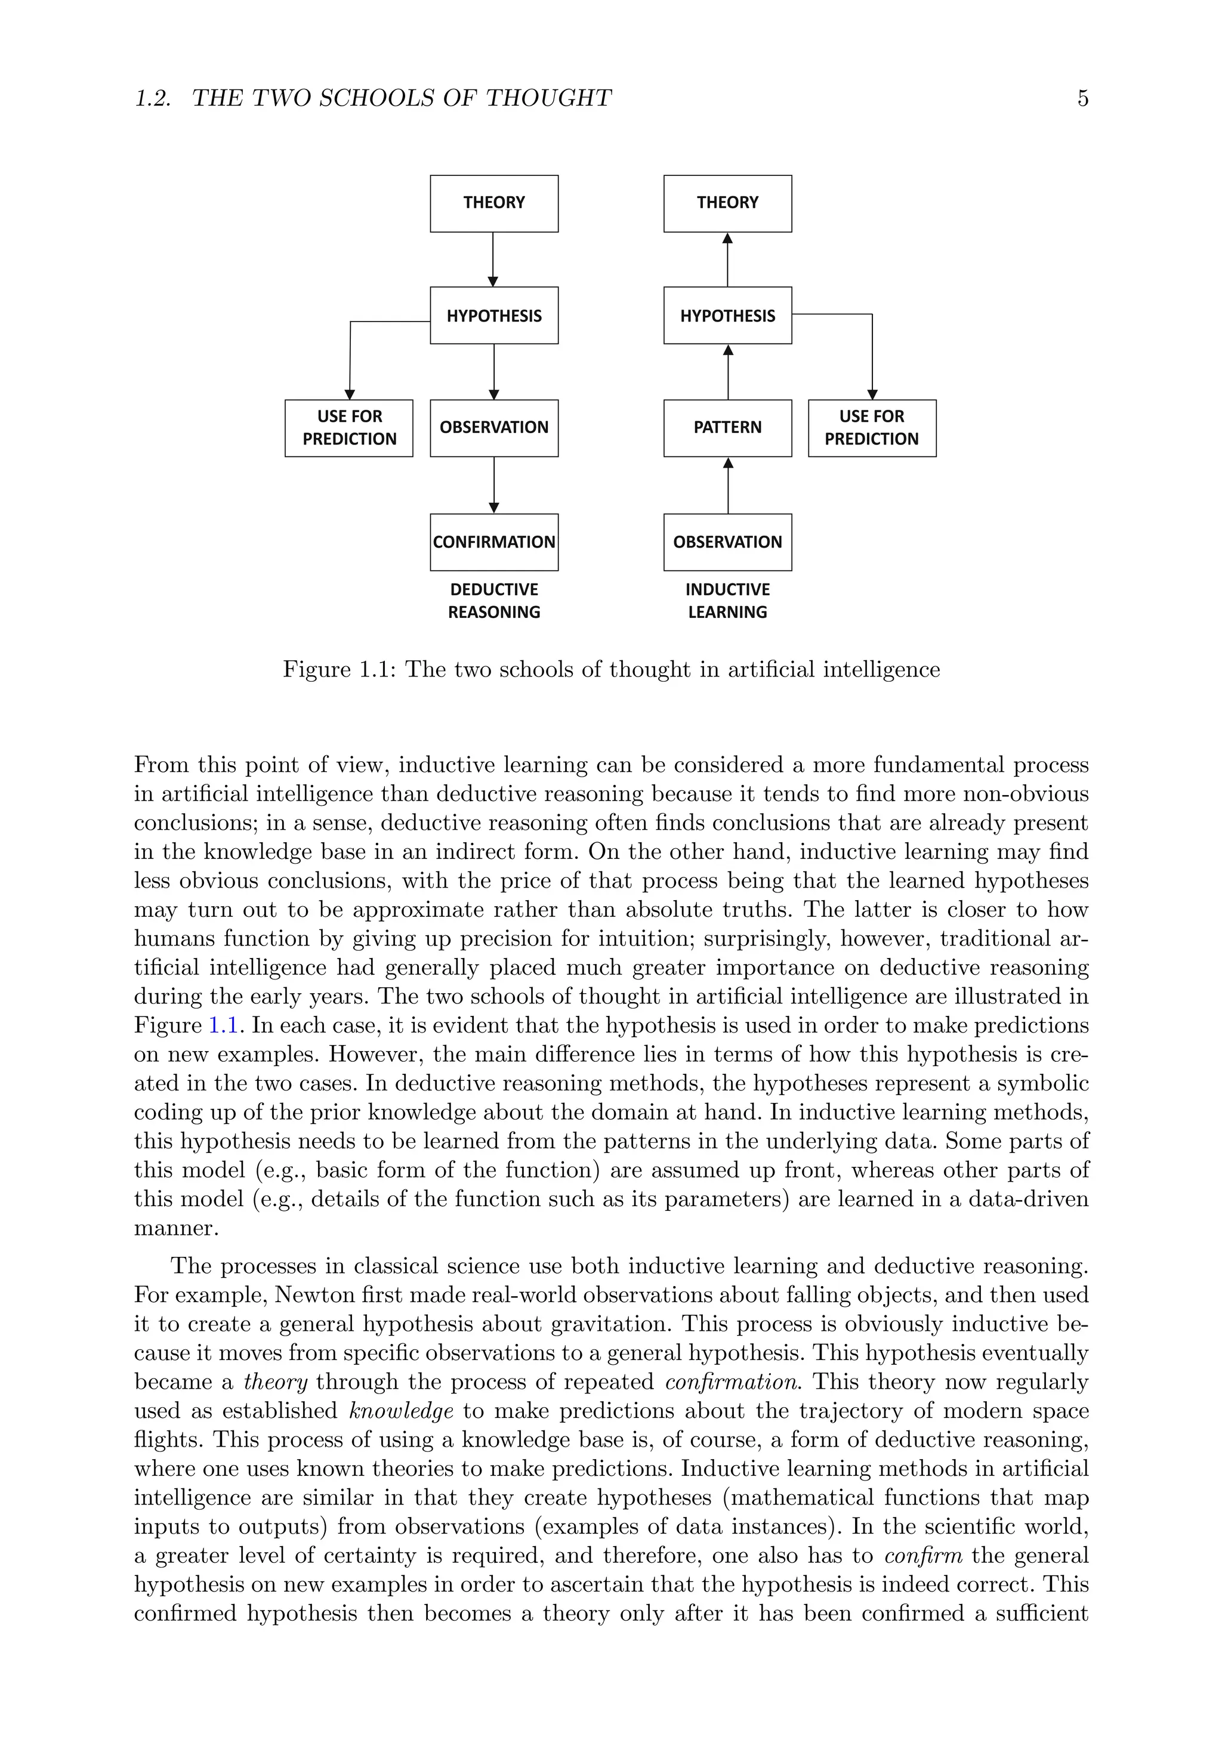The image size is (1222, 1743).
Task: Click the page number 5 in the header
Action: [x=1082, y=98]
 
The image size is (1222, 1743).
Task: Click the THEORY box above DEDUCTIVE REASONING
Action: [x=493, y=203]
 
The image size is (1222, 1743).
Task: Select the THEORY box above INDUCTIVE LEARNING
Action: [x=727, y=203]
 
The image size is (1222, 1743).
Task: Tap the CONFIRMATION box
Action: [x=493, y=542]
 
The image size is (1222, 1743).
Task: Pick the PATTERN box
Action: [x=727, y=428]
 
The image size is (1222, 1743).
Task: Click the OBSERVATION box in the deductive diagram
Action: [x=493, y=428]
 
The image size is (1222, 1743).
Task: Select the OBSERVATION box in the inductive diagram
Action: [x=727, y=542]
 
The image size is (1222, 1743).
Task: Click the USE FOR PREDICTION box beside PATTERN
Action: [x=871, y=428]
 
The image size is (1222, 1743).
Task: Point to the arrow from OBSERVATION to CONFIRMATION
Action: [x=493, y=485]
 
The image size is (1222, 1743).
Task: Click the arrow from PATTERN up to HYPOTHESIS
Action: [x=727, y=372]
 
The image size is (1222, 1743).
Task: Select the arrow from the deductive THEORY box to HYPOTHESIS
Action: [x=493, y=259]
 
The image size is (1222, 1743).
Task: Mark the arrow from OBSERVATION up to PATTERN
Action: [x=727, y=485]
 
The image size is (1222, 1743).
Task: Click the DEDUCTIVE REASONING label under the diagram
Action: [x=493, y=601]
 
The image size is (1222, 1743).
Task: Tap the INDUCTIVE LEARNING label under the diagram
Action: [x=727, y=601]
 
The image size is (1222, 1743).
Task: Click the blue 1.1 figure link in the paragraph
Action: [x=223, y=1025]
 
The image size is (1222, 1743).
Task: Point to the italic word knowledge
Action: [x=401, y=1411]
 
